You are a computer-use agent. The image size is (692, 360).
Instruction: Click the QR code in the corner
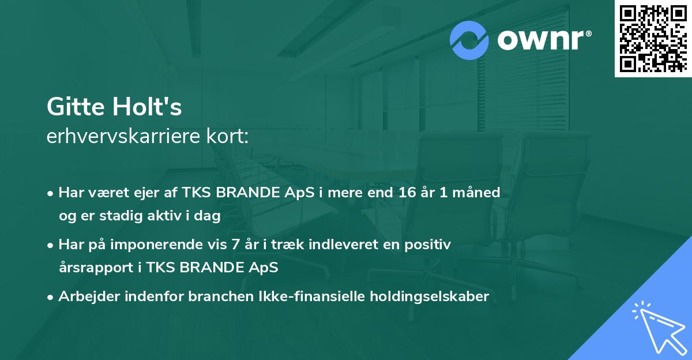(x=652, y=39)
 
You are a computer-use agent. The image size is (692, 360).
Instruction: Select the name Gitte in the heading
(x=74, y=107)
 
